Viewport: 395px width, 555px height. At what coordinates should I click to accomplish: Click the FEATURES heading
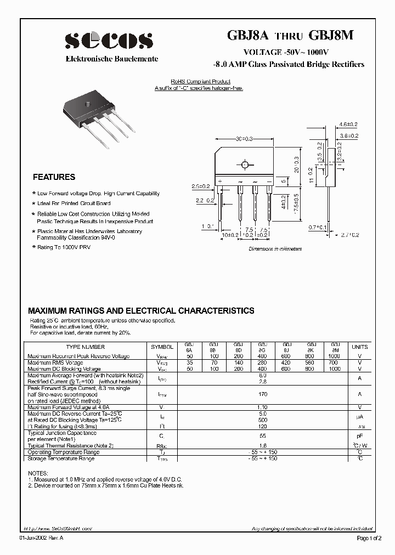point(54,177)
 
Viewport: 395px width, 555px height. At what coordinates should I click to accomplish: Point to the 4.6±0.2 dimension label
point(348,125)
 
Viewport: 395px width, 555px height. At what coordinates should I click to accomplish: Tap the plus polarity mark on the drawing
point(220,180)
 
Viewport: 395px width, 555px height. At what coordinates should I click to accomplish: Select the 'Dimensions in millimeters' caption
point(275,248)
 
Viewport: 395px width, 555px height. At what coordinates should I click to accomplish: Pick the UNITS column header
point(360,347)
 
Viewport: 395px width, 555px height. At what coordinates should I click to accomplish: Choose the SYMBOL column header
point(162,347)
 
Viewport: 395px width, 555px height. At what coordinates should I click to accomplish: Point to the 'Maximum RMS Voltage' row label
point(55,363)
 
